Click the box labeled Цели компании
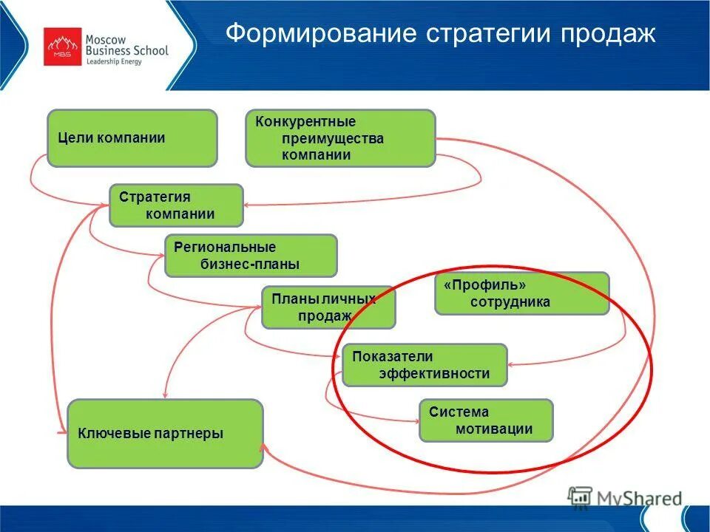(x=132, y=138)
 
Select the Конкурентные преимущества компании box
(x=340, y=138)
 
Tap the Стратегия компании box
(x=176, y=205)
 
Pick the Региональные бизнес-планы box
(x=251, y=256)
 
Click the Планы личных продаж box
(x=328, y=307)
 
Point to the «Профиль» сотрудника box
(x=521, y=293)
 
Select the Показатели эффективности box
(x=425, y=365)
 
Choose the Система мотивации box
(x=486, y=421)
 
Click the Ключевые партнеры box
(x=165, y=434)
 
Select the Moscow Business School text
(x=126, y=44)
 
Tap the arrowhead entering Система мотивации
(x=415, y=422)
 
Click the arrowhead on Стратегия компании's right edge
(x=247, y=205)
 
